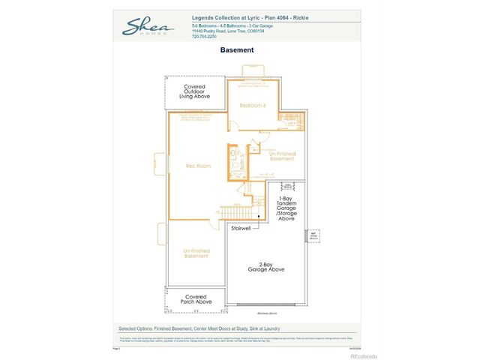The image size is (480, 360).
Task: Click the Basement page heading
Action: tap(237, 50)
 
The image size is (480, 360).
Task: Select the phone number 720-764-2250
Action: tap(205, 36)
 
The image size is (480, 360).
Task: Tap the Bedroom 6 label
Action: tap(253, 106)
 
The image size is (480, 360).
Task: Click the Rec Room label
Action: tap(196, 165)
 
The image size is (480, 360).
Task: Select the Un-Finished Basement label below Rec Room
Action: tap(196, 253)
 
